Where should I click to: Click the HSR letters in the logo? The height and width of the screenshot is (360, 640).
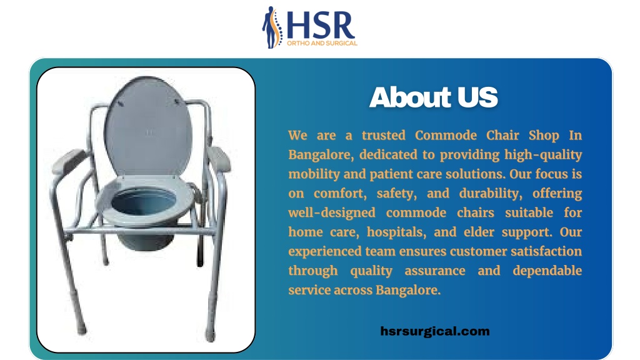[x=321, y=25]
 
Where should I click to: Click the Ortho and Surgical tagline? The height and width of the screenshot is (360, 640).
[x=322, y=43]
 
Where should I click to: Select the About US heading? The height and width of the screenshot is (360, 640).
[x=434, y=97]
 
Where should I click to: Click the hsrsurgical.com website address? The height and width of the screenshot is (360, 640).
[x=435, y=331]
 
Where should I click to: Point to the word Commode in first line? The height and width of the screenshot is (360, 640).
[x=446, y=135]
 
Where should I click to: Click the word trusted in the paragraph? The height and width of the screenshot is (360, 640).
[x=383, y=135]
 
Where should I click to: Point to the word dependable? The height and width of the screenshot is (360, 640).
[x=547, y=271]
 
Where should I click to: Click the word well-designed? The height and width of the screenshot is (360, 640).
[x=331, y=213]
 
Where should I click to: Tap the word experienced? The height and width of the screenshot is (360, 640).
[x=325, y=252]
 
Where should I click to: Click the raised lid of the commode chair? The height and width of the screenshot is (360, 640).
[x=147, y=126]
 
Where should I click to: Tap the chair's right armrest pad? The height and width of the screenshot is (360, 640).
[x=219, y=158]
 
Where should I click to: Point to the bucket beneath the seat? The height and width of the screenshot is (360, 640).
[x=145, y=240]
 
